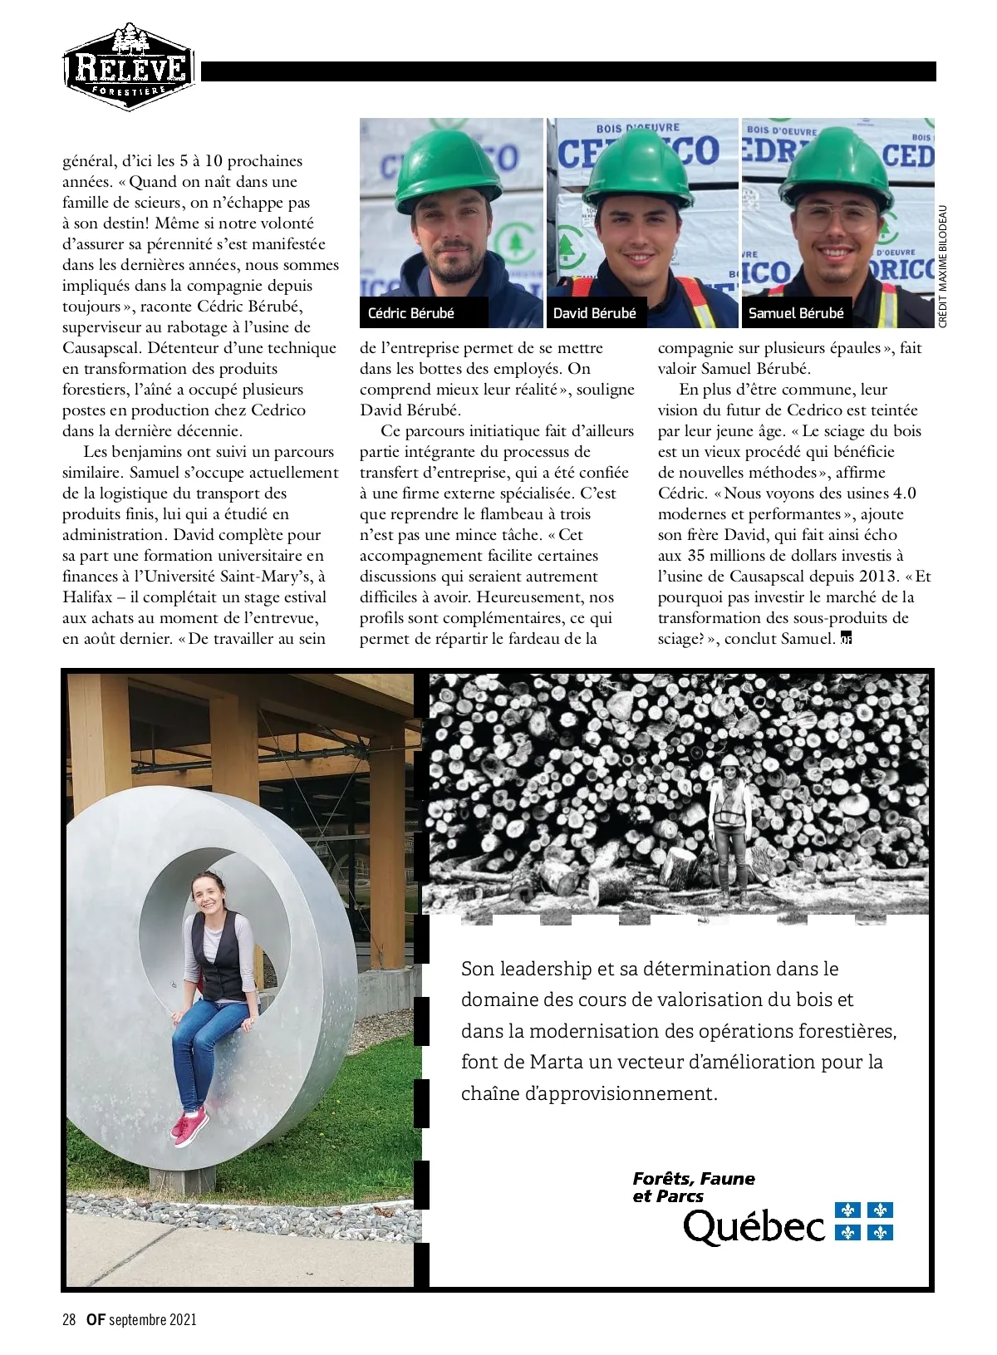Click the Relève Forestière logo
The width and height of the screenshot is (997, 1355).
(x=129, y=66)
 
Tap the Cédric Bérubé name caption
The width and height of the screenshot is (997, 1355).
(x=410, y=313)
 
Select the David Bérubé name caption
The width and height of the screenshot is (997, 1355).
(x=594, y=313)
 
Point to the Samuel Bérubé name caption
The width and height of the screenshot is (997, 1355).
(x=795, y=313)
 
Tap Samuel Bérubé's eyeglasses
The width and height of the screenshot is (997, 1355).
(x=837, y=218)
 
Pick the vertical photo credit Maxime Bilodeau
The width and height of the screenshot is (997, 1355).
(x=942, y=266)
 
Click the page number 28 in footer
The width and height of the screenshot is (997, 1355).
(x=69, y=1319)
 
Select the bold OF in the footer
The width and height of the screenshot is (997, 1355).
(x=96, y=1319)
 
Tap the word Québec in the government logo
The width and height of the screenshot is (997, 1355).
(x=754, y=1226)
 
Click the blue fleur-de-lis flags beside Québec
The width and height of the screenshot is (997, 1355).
(x=863, y=1221)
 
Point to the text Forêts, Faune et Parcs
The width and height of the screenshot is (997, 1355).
(x=693, y=1187)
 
